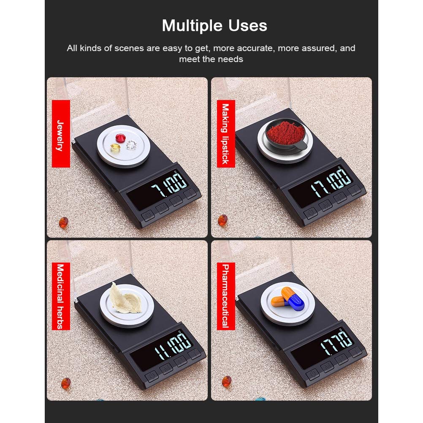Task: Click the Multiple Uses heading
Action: pos(214,26)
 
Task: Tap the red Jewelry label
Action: pos(61,134)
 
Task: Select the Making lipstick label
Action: pos(226,134)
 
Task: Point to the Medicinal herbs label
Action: pos(61,296)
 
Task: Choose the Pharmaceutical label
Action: pos(226,296)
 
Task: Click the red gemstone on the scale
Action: pos(121,138)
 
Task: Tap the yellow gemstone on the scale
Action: pos(116,147)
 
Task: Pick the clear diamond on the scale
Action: pos(131,145)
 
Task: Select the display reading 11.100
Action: pos(173,345)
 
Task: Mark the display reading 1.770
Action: pos(336,343)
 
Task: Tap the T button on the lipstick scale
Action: pos(354,191)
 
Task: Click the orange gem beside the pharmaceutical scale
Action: pos(226,382)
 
